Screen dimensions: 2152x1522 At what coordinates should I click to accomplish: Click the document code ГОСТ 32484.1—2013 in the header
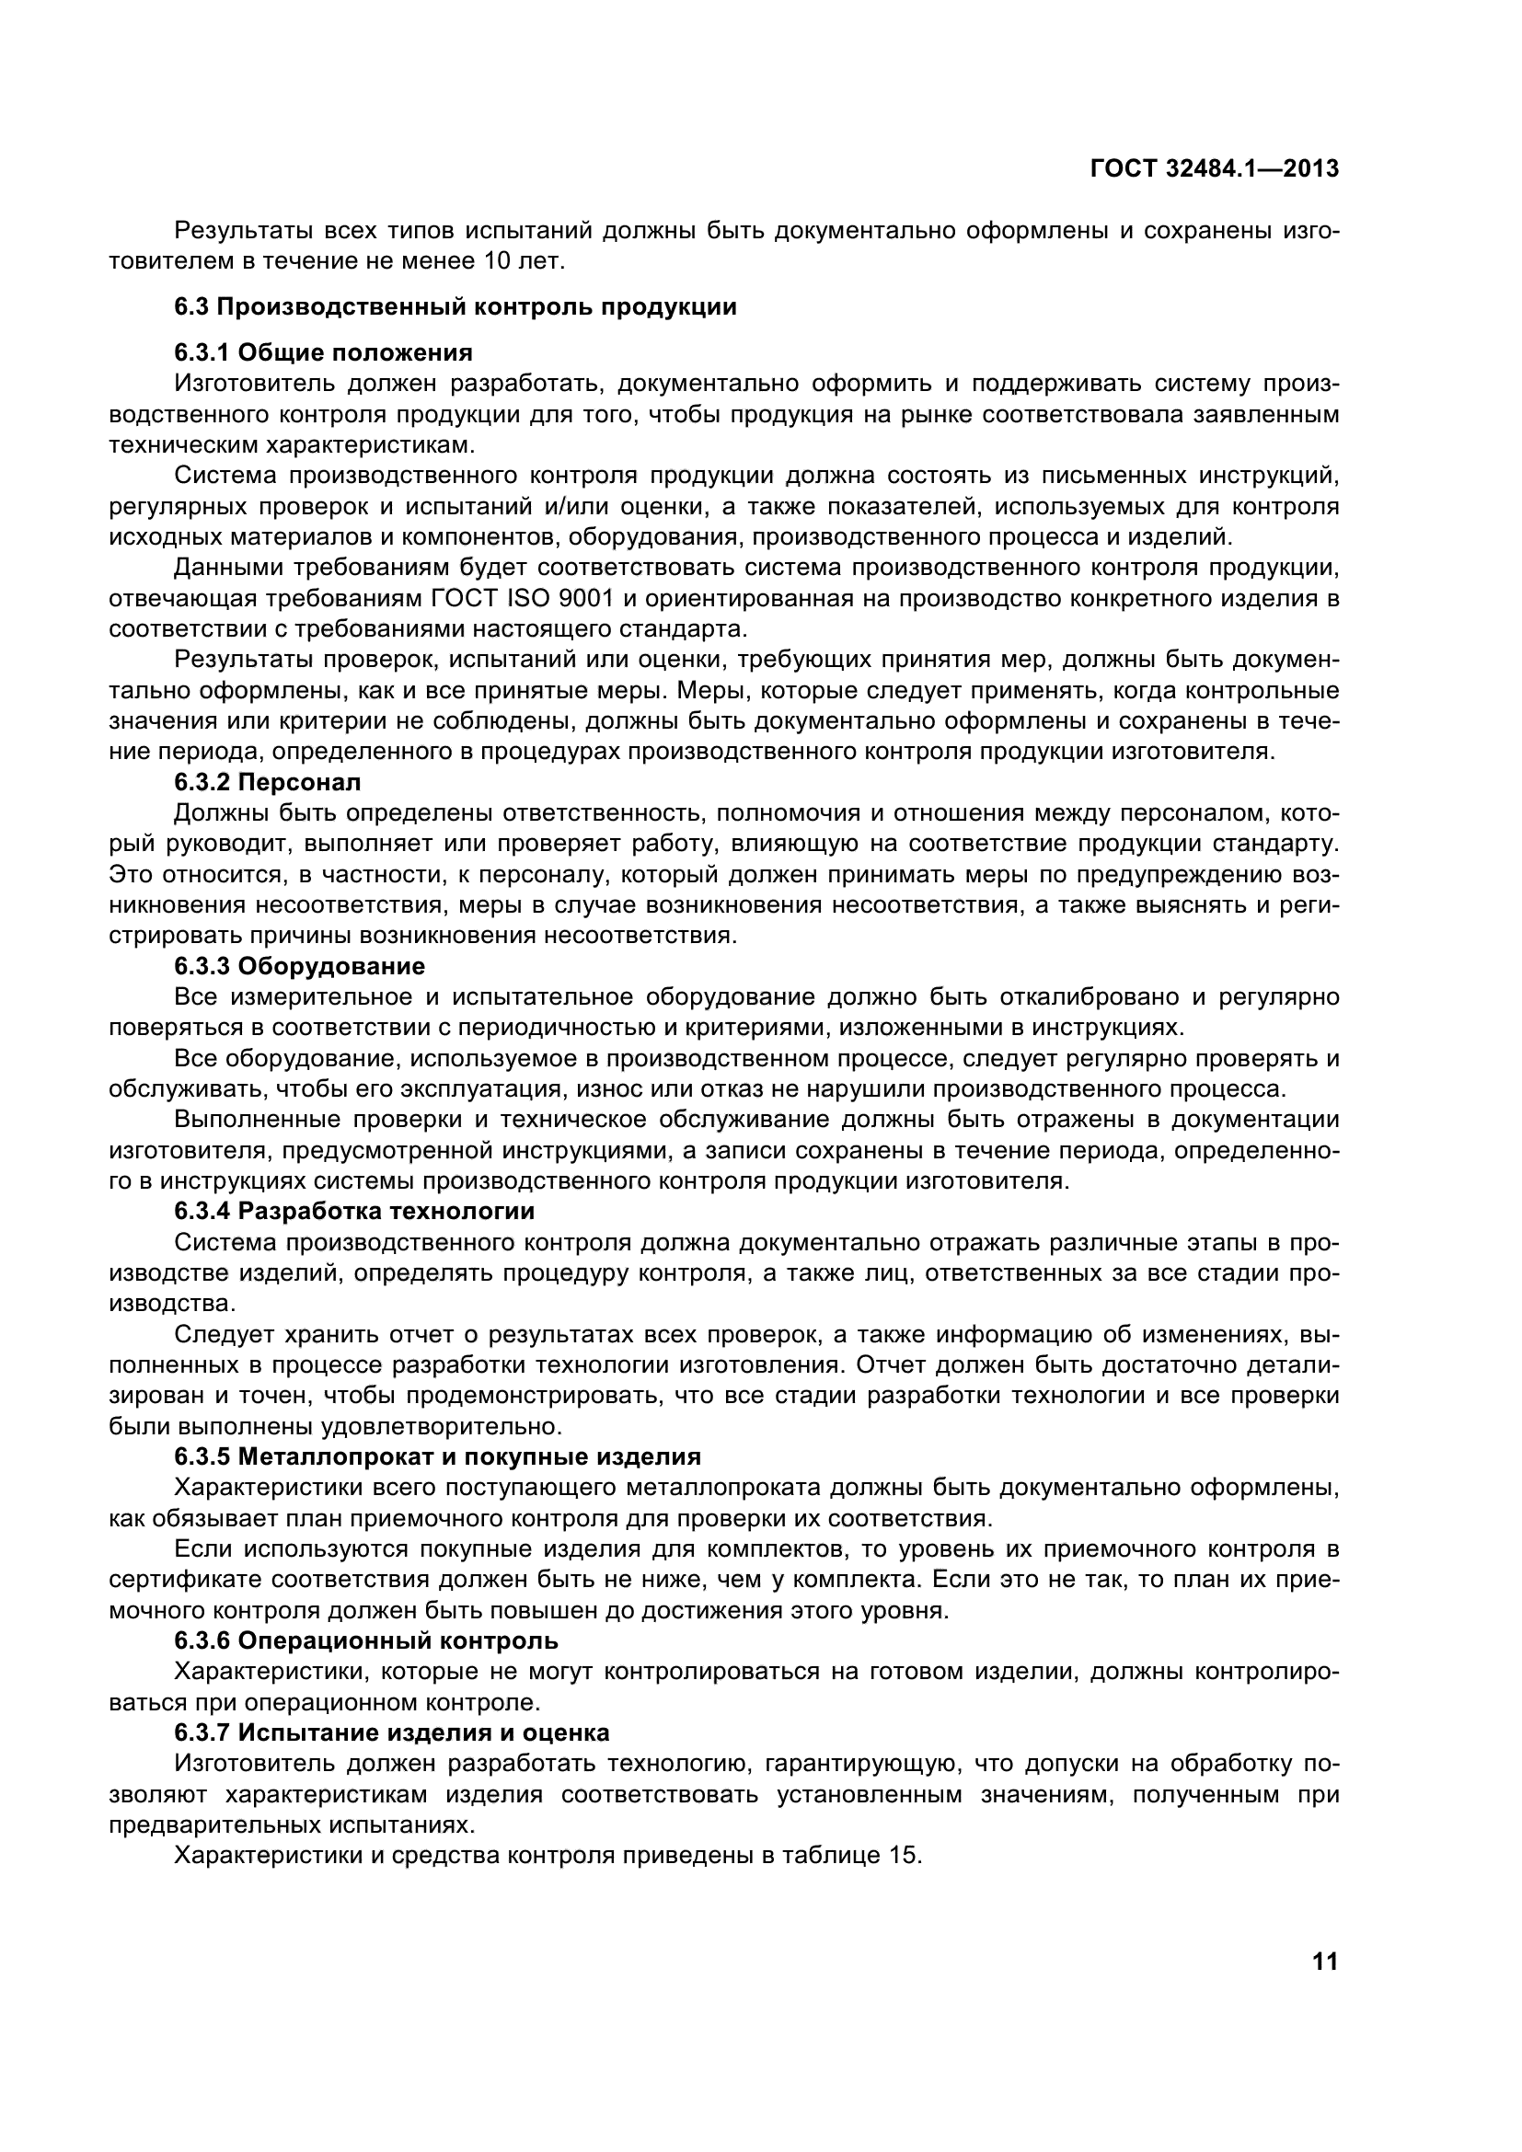pyautogui.click(x=1215, y=168)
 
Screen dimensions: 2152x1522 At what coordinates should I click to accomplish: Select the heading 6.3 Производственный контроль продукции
pyautogui.click(x=455, y=306)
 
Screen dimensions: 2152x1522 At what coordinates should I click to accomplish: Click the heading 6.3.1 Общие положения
pyautogui.click(x=323, y=352)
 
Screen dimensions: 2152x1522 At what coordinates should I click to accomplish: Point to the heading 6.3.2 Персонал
pyautogui.click(x=267, y=782)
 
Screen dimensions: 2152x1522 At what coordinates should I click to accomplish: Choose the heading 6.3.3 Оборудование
pyautogui.click(x=300, y=965)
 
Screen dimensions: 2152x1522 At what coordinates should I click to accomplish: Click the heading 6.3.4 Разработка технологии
pyautogui.click(x=354, y=1211)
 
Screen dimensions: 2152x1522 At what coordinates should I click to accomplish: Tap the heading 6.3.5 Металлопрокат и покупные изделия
pyautogui.click(x=438, y=1456)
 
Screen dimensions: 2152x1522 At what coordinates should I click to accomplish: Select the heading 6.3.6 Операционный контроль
pyautogui.click(x=366, y=1640)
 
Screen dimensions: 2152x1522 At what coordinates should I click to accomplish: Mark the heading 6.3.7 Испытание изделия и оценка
pyautogui.click(x=392, y=1732)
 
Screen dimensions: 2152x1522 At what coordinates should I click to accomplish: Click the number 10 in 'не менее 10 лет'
pyautogui.click(x=496, y=260)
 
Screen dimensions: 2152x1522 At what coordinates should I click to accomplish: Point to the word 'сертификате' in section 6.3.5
pyautogui.click(x=185, y=1580)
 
